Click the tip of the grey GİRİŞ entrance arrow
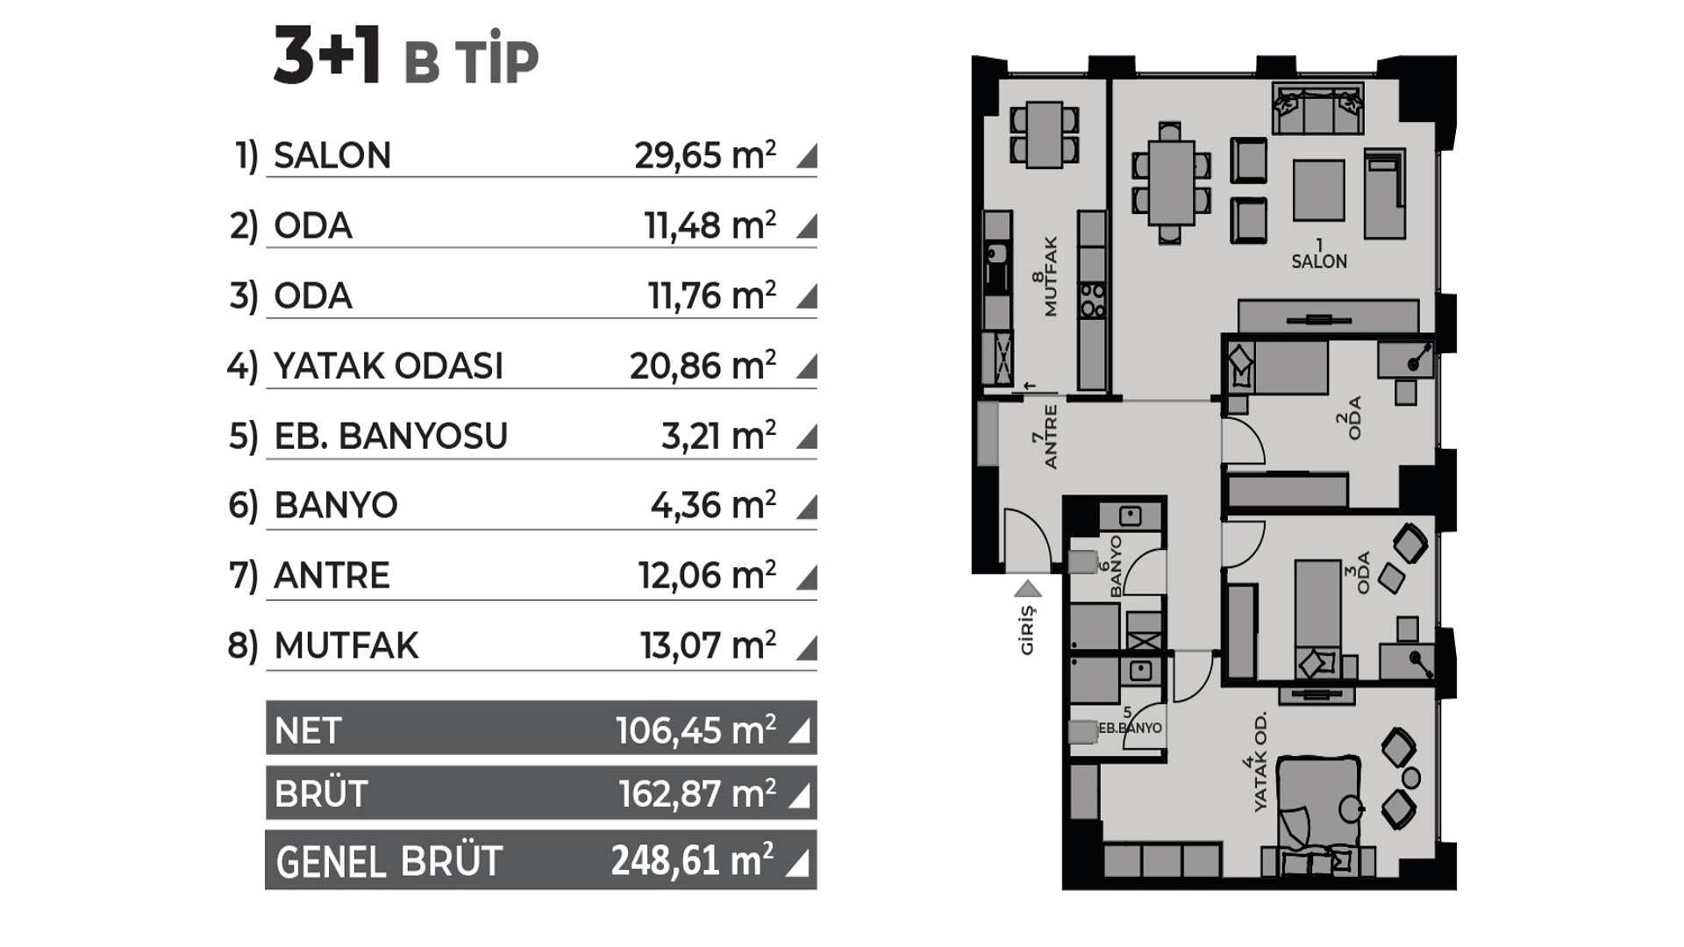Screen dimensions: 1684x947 click(x=1027, y=580)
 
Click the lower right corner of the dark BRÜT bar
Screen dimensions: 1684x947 click(x=817, y=819)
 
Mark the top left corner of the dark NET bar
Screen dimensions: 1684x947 click(x=266, y=701)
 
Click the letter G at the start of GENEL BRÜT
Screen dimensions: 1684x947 click(x=289, y=863)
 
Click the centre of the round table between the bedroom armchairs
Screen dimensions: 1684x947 click(x=1411, y=778)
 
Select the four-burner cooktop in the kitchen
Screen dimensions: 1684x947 click(x=1092, y=300)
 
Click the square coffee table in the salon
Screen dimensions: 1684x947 click(x=1318, y=190)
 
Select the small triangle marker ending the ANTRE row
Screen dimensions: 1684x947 click(x=807, y=577)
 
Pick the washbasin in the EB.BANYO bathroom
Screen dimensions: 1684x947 click(x=1139, y=672)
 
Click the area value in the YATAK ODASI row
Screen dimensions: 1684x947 click(x=703, y=366)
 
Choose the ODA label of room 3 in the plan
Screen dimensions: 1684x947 click(x=1363, y=573)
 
